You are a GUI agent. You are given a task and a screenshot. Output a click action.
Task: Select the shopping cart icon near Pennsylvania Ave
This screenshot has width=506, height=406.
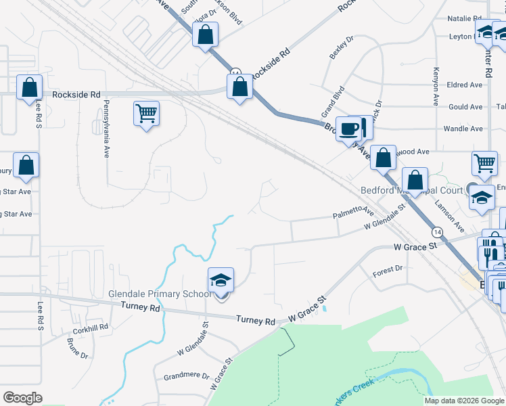(146, 113)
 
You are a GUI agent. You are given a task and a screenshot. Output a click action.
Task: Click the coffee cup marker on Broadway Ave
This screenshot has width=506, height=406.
(349, 129)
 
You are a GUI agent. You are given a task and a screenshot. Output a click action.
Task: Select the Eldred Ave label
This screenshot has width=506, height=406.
(465, 85)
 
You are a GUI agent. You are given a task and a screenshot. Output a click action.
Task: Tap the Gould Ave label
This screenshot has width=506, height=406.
(465, 107)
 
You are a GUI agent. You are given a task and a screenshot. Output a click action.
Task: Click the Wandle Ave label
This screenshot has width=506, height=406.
(463, 129)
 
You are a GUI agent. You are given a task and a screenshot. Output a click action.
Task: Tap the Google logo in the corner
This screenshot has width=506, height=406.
(22, 397)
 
